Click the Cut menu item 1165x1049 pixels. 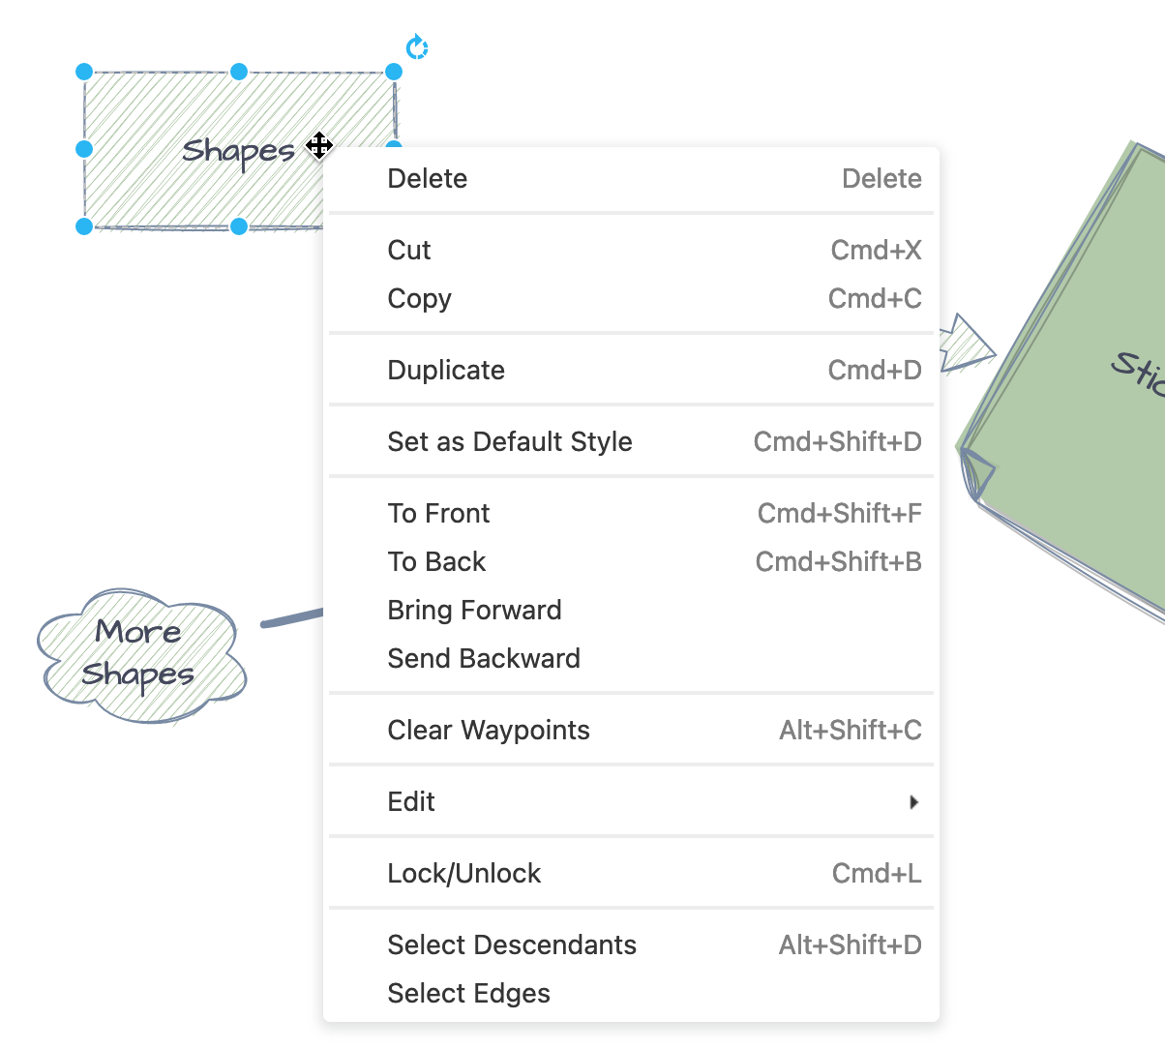coord(409,251)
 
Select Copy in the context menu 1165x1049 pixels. coord(419,299)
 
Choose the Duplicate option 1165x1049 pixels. coord(446,371)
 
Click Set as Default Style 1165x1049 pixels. coord(509,442)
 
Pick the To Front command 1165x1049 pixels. coord(438,514)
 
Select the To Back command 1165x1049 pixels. coord(436,562)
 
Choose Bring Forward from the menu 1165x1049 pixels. coord(474,611)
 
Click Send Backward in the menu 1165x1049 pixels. coord(484,659)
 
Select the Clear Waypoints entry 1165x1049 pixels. coord(489,731)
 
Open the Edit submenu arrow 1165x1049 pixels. coord(913,802)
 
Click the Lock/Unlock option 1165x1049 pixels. coord(463,874)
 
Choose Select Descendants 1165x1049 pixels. coord(512,945)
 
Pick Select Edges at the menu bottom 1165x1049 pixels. coord(468,994)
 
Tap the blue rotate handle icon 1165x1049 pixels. coord(417,47)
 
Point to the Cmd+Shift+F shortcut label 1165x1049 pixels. coord(839,514)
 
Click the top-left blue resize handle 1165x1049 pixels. coord(84,72)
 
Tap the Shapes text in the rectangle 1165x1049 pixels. coord(238,152)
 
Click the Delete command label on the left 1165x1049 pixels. coord(427,179)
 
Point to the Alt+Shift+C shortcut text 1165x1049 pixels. coord(850,731)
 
